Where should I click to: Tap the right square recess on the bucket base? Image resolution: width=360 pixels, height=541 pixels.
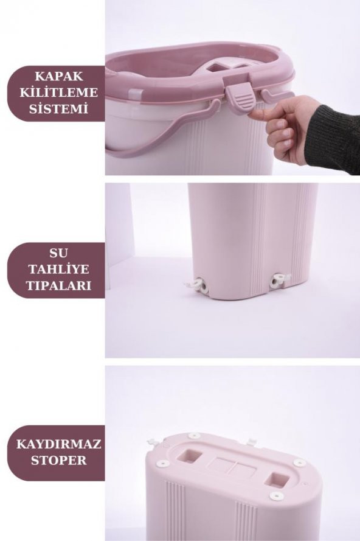tap(281, 478)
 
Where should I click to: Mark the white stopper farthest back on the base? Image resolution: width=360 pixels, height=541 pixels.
tap(194, 436)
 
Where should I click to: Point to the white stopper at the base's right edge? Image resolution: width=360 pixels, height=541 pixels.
tap(299, 463)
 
